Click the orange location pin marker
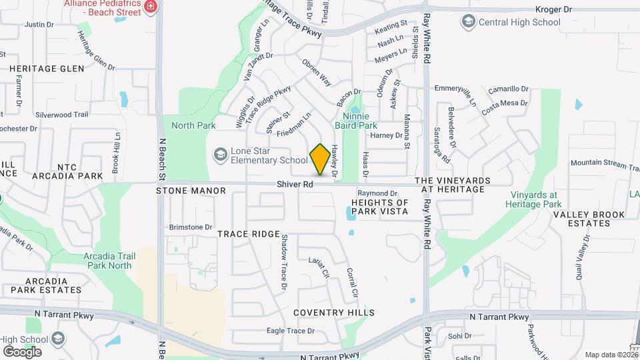coord(320,159)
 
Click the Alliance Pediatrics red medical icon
coord(151,6)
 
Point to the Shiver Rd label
coord(296,185)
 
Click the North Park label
coord(193,125)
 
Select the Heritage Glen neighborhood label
coord(47,69)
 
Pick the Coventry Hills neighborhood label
coord(334,313)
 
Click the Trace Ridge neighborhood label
coord(248,234)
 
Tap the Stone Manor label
coord(191,191)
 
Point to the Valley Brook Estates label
coord(589,219)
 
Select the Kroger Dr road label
coord(554,9)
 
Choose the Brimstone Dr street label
coord(191,227)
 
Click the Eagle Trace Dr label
coord(290,331)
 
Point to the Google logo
coord(21,351)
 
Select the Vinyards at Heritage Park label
coord(536,199)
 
